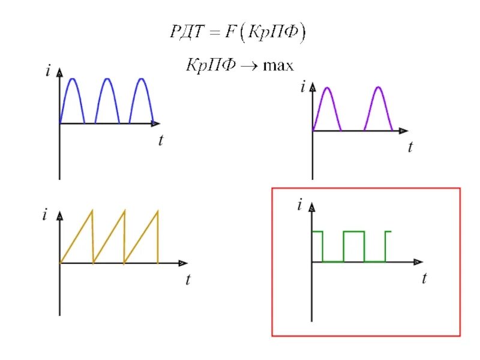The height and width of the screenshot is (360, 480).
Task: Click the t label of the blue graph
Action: (x=161, y=141)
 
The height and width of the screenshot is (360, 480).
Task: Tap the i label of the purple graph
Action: (x=303, y=88)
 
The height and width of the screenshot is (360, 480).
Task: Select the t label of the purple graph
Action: (x=410, y=146)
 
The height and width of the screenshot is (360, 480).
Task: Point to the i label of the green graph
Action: (x=298, y=206)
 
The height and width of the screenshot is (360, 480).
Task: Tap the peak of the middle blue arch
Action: (x=107, y=79)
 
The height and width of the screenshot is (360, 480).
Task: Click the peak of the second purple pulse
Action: (x=378, y=88)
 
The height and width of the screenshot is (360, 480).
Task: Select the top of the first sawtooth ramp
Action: (x=92, y=209)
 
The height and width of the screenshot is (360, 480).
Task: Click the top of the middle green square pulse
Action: (x=353, y=232)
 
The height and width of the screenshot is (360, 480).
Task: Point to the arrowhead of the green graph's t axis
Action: (x=418, y=262)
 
